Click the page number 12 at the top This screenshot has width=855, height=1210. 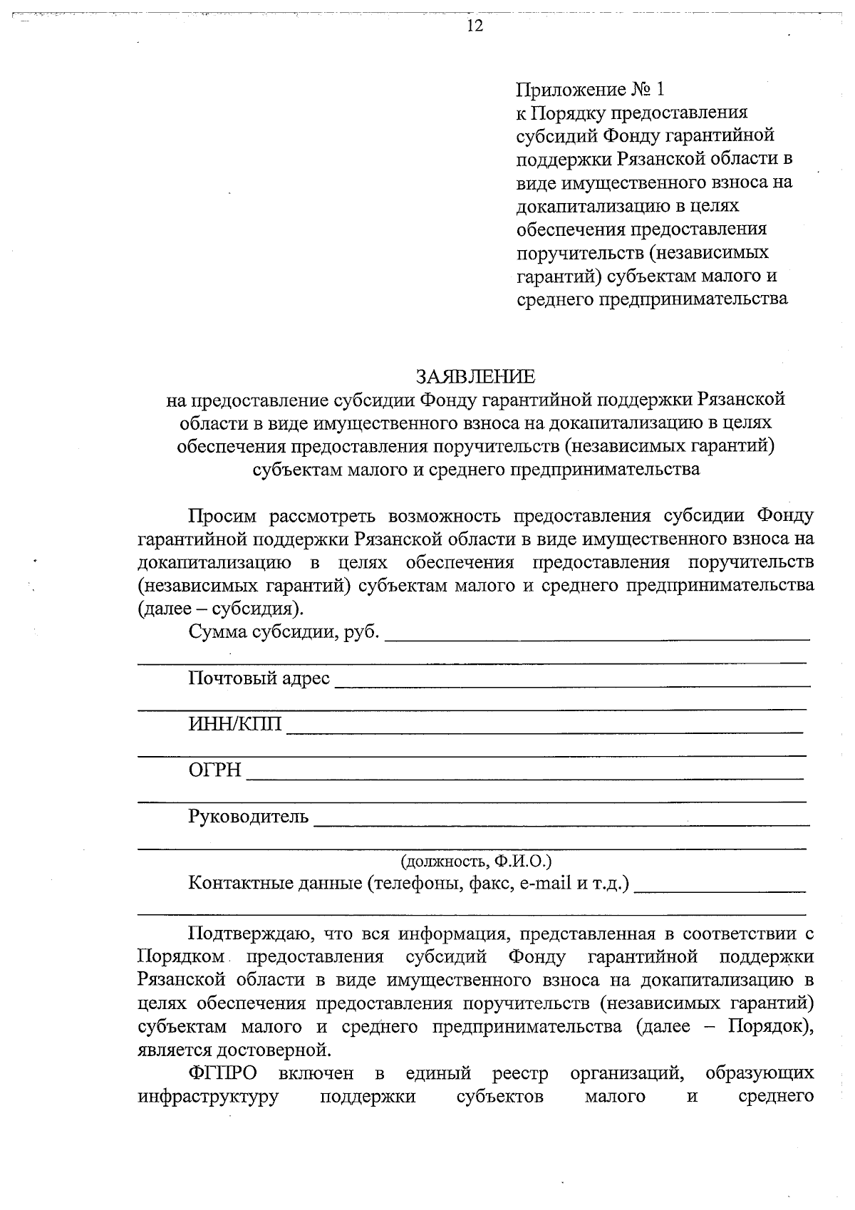click(475, 26)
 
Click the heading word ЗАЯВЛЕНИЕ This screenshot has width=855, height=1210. click(475, 376)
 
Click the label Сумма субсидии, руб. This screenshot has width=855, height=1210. click(284, 631)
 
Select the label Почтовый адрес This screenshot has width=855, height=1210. click(259, 678)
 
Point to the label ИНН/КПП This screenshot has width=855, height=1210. click(235, 724)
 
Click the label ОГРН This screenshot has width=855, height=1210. click(214, 770)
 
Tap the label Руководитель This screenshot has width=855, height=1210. click(248, 816)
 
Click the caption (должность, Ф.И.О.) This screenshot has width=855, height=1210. click(475, 861)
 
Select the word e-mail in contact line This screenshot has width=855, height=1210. click(546, 884)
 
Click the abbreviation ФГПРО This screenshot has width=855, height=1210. click(223, 1072)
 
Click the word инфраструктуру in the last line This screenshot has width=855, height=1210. click(207, 1096)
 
